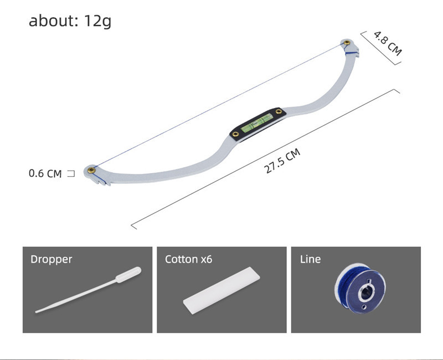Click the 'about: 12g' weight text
point(70,21)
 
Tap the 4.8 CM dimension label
point(388,43)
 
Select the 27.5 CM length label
point(282,161)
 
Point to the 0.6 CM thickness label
point(45,173)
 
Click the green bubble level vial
point(257,123)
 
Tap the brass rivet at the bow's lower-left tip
point(91,170)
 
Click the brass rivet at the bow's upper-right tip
point(347,43)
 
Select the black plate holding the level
point(257,124)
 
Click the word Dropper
point(51,259)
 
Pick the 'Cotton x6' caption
point(188,259)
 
